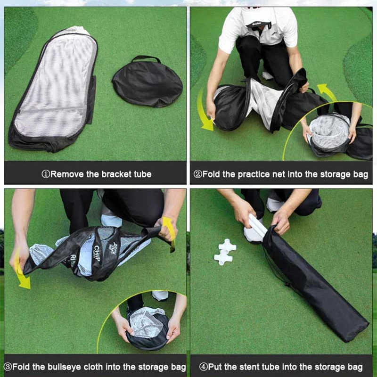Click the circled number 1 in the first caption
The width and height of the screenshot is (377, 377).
[x=46, y=174]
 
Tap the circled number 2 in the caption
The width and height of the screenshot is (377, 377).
[x=197, y=174]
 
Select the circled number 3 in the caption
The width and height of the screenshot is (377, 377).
[x=8, y=367]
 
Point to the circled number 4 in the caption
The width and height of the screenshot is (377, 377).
[x=204, y=367]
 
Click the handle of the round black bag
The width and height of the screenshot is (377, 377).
[x=146, y=58]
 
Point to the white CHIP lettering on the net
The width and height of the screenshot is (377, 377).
[x=97, y=254]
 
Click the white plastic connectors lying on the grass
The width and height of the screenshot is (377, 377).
[x=225, y=252]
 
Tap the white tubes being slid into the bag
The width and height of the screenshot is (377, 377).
[x=257, y=226]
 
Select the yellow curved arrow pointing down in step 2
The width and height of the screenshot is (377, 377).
[x=204, y=110]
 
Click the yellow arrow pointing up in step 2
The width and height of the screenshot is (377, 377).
[x=328, y=92]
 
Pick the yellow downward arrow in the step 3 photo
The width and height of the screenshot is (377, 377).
[x=21, y=270]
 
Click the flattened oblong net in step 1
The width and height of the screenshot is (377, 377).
[x=53, y=89]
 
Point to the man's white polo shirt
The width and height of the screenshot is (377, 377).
[x=258, y=28]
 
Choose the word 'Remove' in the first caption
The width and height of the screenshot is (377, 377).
[x=67, y=174]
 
